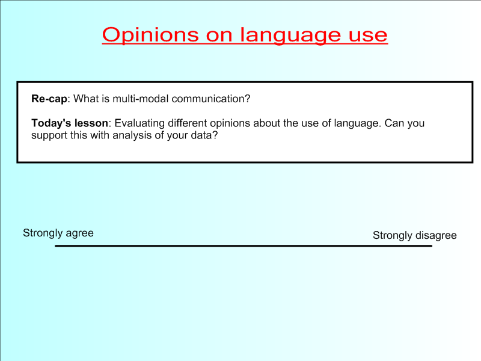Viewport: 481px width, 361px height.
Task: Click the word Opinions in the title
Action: pyautogui.click(x=151, y=35)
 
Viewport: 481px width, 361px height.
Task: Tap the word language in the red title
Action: pyautogui.click(x=290, y=35)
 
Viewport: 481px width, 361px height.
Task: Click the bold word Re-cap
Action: pyautogui.click(x=49, y=99)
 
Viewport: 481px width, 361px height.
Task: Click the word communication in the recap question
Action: pyautogui.click(x=211, y=99)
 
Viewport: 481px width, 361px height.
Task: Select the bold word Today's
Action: pyautogui.click(x=51, y=123)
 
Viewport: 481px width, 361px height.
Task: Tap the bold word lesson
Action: pyautogui.click(x=91, y=123)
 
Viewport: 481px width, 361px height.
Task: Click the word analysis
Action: pyautogui.click(x=132, y=135)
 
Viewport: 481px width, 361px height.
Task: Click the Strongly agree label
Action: pyautogui.click(x=58, y=233)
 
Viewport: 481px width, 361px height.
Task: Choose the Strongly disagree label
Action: pyautogui.click(x=415, y=235)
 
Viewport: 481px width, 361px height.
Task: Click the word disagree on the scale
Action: pyautogui.click(x=436, y=235)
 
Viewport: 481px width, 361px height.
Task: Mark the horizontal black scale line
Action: pyautogui.click(x=244, y=246)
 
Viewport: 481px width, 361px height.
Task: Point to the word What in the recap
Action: pyautogui.click(x=85, y=99)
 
